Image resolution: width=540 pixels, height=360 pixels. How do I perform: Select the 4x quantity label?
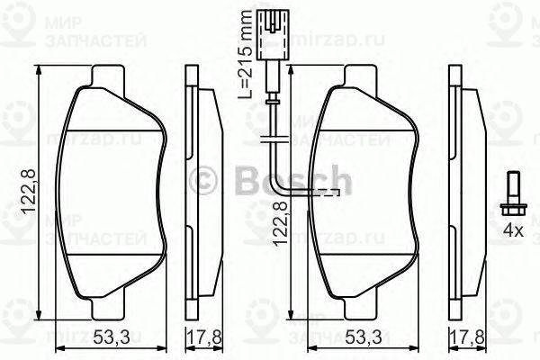[x=513, y=231]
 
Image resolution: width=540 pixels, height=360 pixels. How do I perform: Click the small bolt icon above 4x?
[x=511, y=193]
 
